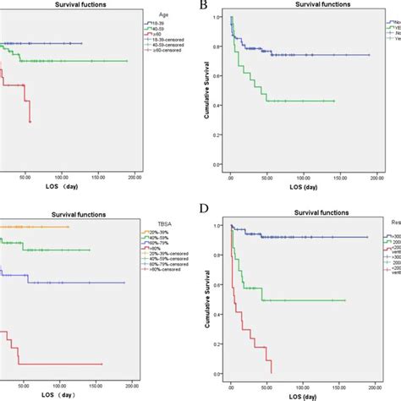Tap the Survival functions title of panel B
tap(305, 6)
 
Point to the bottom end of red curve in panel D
tap(272, 372)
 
